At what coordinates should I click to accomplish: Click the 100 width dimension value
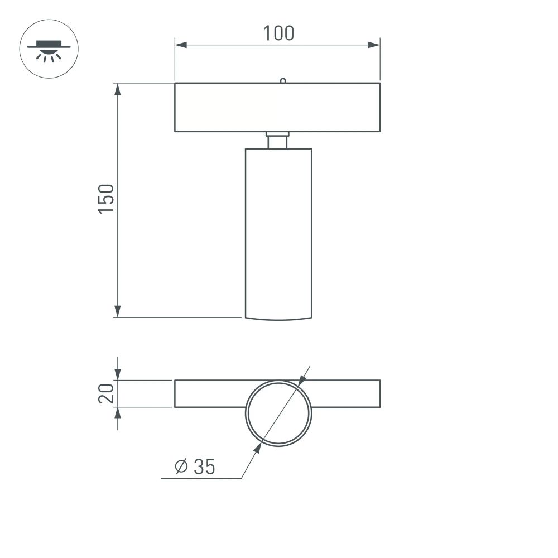pyautogui.click(x=278, y=33)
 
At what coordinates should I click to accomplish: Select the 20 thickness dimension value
pyautogui.click(x=107, y=393)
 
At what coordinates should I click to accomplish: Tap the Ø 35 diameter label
pyautogui.click(x=195, y=466)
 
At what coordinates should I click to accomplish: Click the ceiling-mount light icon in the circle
pyautogui.click(x=49, y=49)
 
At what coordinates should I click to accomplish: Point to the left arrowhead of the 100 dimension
pyautogui.click(x=180, y=45)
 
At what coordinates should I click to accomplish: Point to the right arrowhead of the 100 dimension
pyautogui.click(x=374, y=45)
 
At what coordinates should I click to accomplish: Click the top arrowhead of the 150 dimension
pyautogui.click(x=118, y=89)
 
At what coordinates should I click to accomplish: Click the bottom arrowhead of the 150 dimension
pyautogui.click(x=118, y=311)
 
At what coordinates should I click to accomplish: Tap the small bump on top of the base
pyautogui.click(x=283, y=80)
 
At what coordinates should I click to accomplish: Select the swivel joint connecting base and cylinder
pyautogui.click(x=277, y=140)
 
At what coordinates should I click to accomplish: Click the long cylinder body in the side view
pyautogui.click(x=278, y=229)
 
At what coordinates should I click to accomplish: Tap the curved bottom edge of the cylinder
pyautogui.click(x=278, y=319)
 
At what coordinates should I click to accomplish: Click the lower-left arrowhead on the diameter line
pyautogui.click(x=257, y=449)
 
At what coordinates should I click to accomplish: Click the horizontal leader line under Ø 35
pyautogui.click(x=201, y=478)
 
